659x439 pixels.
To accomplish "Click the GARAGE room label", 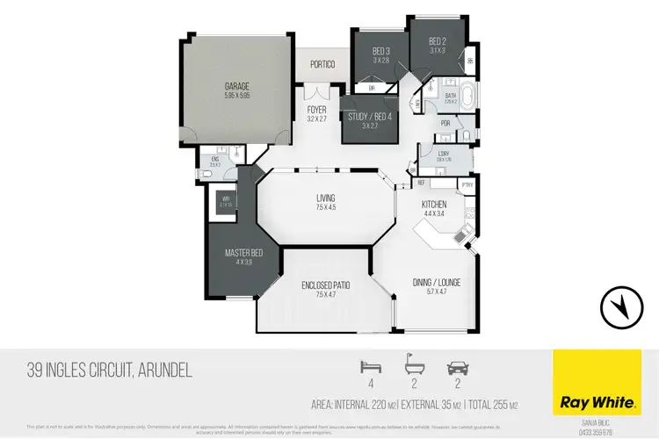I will click(x=237, y=87).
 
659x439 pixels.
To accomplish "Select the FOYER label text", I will click(x=315, y=110).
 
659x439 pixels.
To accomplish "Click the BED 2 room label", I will click(x=438, y=40).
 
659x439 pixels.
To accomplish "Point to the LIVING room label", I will click(x=326, y=199).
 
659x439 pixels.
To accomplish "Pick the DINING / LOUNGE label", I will click(x=437, y=282).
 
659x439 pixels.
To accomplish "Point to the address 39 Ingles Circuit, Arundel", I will click(x=110, y=372).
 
